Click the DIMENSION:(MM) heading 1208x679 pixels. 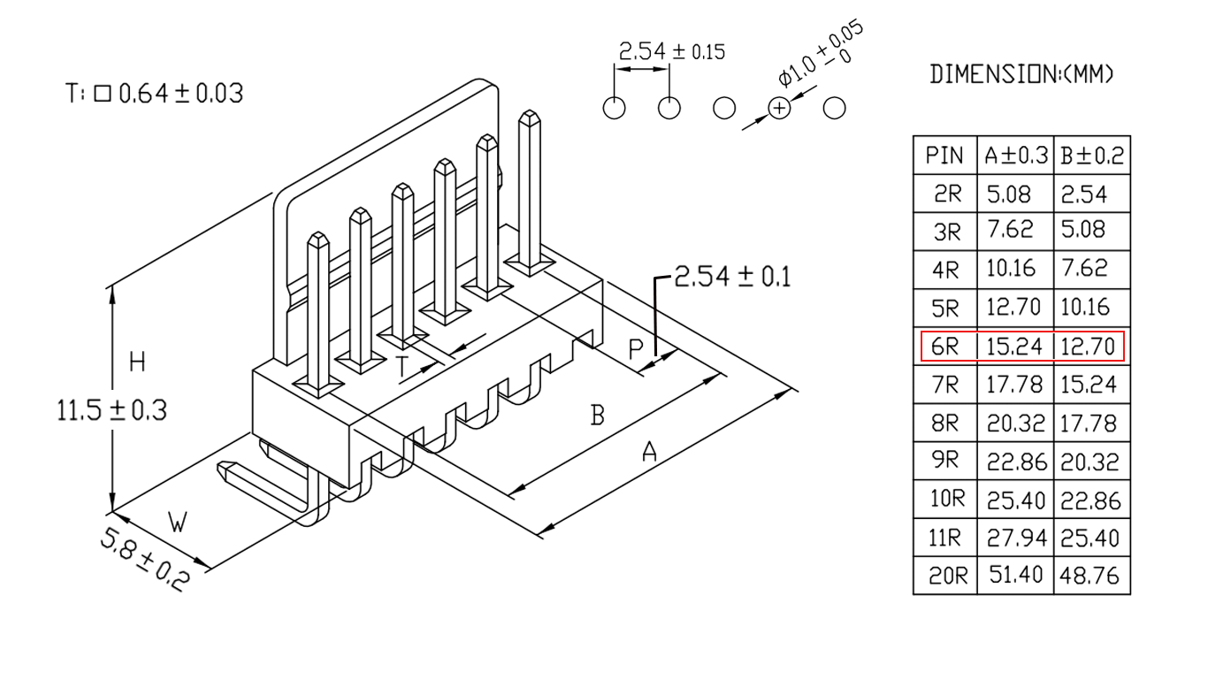(x=1021, y=74)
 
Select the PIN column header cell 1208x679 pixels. (x=944, y=156)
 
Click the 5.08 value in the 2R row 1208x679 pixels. (x=1008, y=195)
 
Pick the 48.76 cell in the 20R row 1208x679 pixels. (x=1089, y=576)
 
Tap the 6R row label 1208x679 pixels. (x=944, y=347)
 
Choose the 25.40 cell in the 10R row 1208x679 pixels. (x=1016, y=500)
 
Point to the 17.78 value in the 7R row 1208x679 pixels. (x=1014, y=385)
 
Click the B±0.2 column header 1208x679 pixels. (x=1092, y=156)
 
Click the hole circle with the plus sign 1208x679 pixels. (x=779, y=109)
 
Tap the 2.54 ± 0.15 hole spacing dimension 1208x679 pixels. (x=672, y=52)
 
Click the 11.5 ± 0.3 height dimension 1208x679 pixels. (x=112, y=410)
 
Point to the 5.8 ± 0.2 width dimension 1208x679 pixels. (x=144, y=561)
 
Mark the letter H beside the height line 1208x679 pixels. (x=138, y=362)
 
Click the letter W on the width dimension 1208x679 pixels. (x=178, y=522)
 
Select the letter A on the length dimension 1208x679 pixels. (x=650, y=452)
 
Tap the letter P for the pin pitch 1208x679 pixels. (x=636, y=349)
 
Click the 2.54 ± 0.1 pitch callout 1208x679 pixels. (x=732, y=277)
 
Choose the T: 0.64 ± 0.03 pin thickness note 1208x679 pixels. (x=154, y=94)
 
